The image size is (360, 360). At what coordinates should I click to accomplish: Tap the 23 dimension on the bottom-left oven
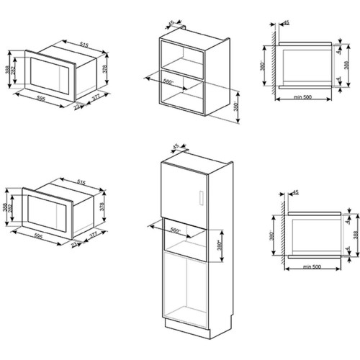pyautogui.click(x=76, y=244)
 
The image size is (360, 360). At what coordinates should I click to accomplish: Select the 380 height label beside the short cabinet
pyautogui.click(x=237, y=108)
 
